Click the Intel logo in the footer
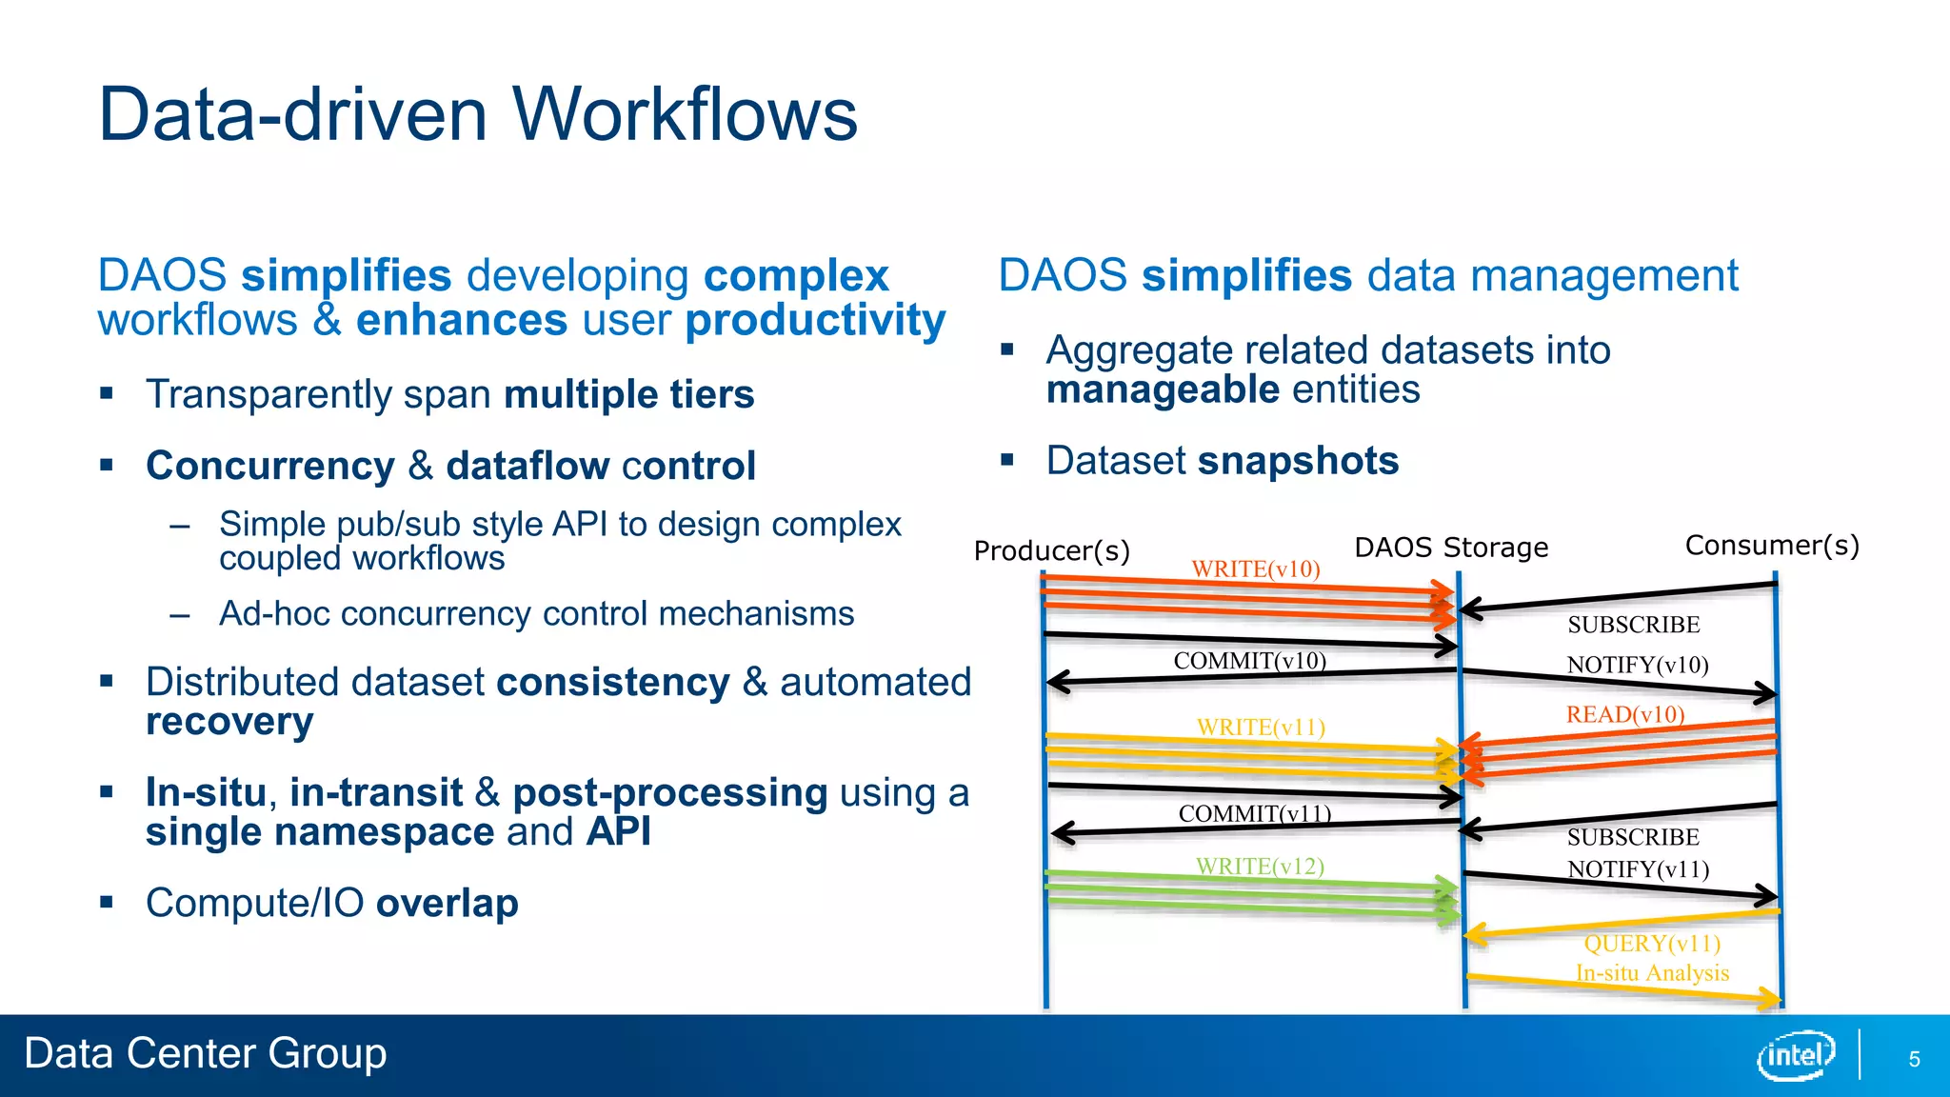(x=1795, y=1055)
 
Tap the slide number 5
(x=1914, y=1060)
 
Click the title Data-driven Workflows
(x=478, y=114)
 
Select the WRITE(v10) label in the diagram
(x=1256, y=569)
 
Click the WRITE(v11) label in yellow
(x=1261, y=728)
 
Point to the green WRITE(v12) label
(x=1260, y=867)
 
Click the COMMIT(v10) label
(x=1249, y=661)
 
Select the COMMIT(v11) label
(x=1254, y=814)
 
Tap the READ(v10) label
(x=1625, y=714)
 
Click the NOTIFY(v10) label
(x=1638, y=665)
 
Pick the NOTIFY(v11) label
(x=1638, y=869)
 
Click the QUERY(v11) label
(x=1652, y=944)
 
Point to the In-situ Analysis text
(x=1652, y=973)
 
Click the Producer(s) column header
(x=1051, y=551)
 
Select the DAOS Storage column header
(x=1451, y=548)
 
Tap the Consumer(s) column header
(x=1772, y=546)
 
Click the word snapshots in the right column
(x=1298, y=461)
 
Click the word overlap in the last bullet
(x=447, y=903)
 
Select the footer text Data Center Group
(x=206, y=1054)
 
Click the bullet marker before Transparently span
(x=107, y=393)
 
